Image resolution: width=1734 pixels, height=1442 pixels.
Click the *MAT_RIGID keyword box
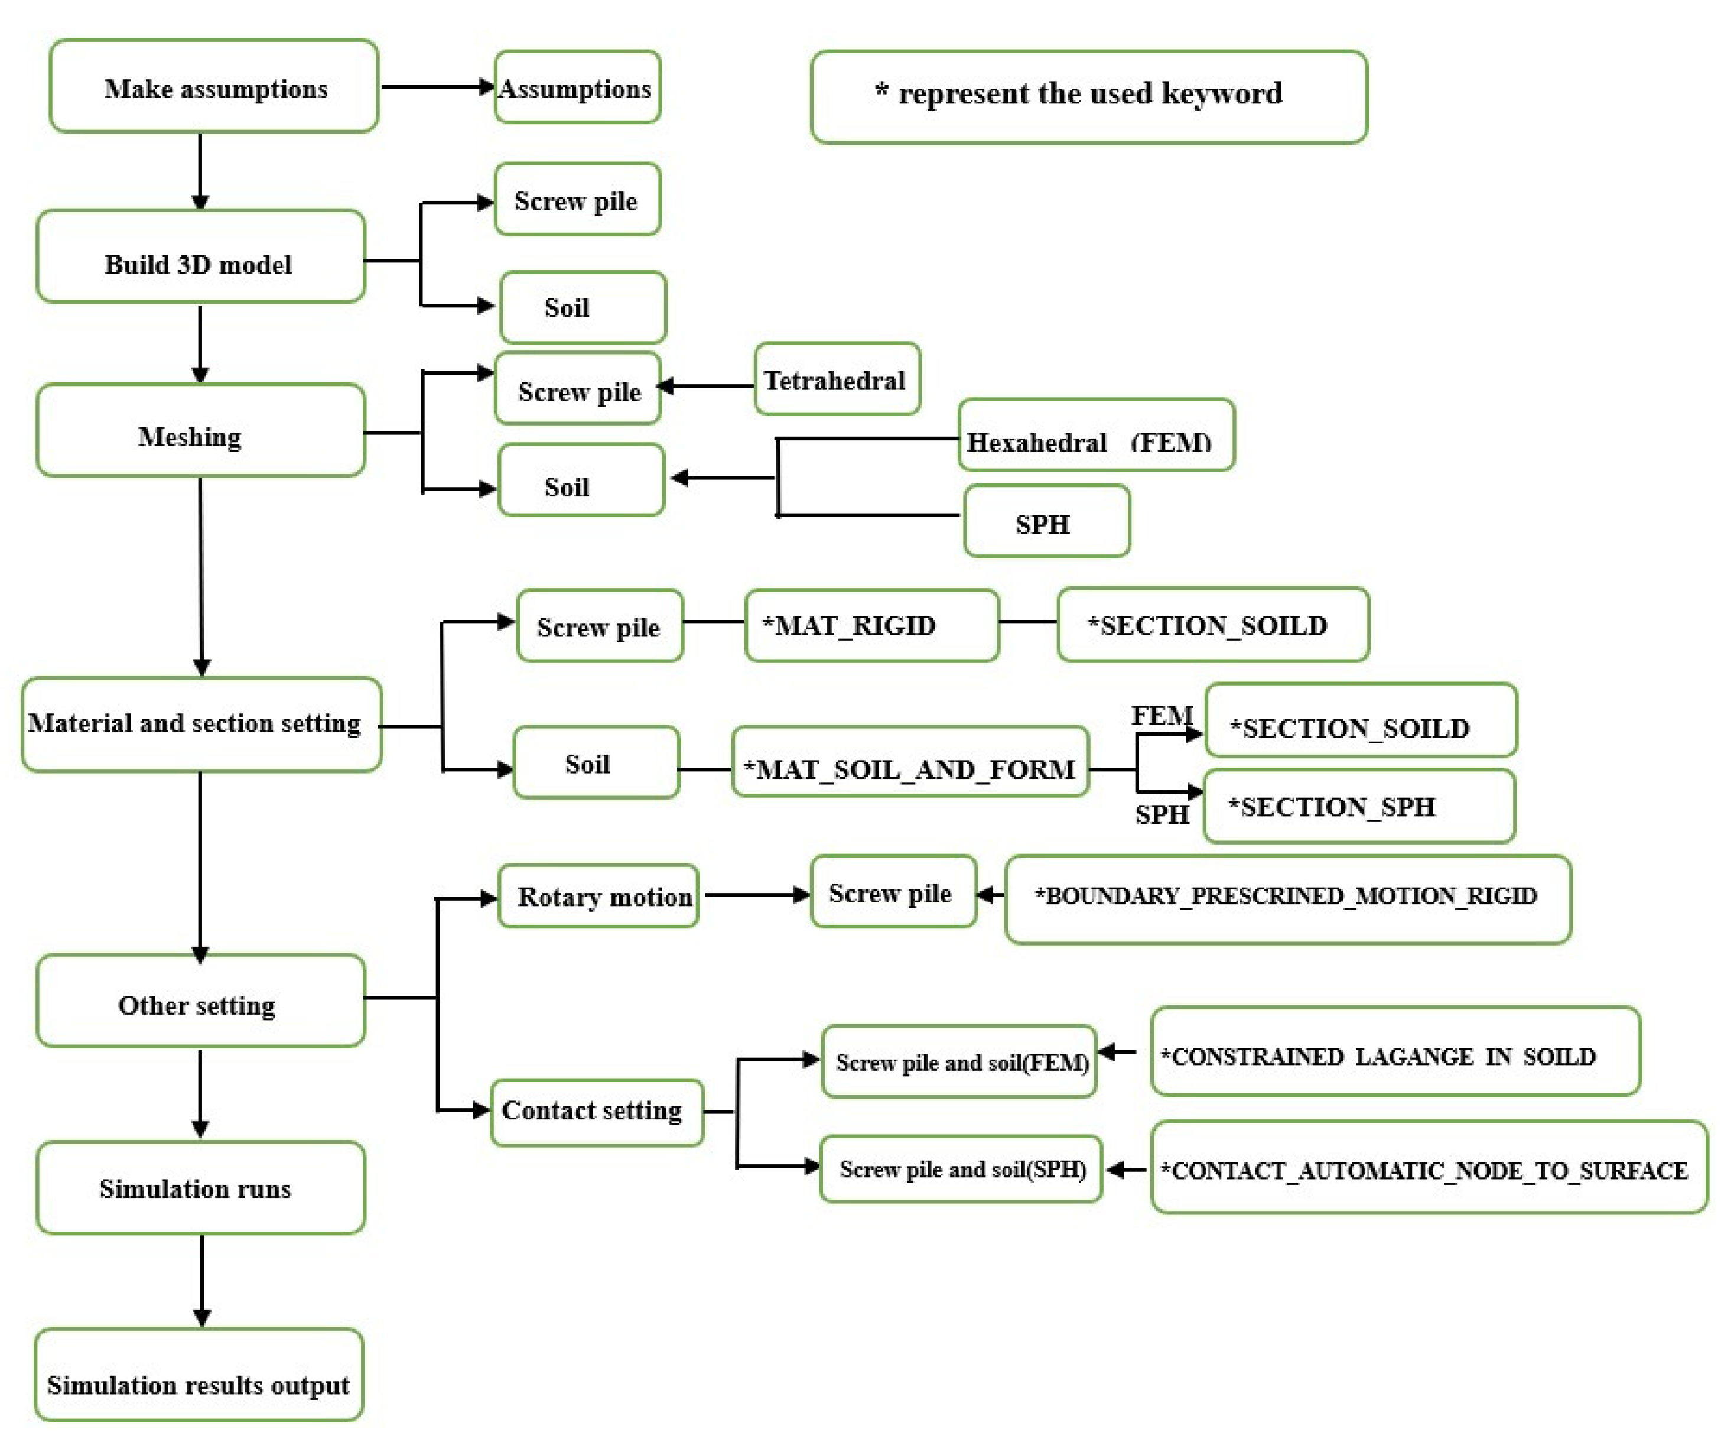coord(871,626)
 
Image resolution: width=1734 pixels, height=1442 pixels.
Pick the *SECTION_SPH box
coord(1358,807)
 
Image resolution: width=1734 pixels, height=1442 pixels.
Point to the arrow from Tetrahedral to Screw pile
coord(707,387)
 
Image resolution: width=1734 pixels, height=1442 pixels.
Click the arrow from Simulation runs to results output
coord(201,1280)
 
